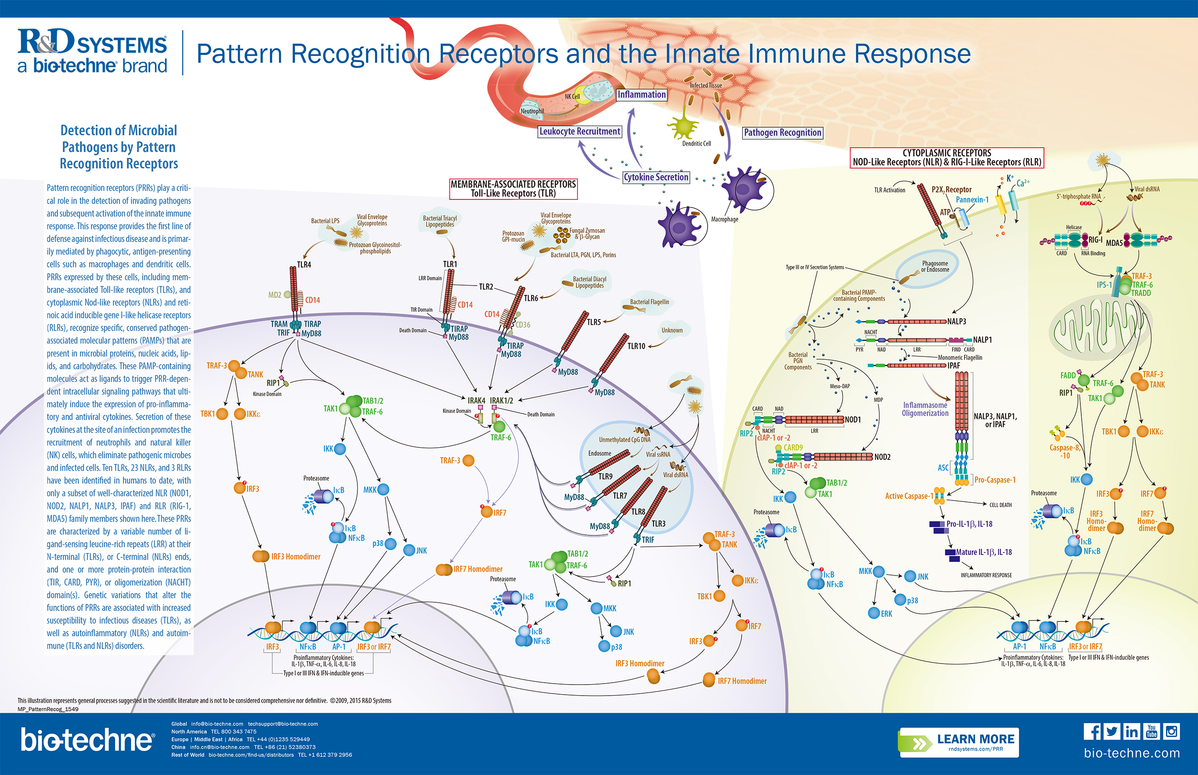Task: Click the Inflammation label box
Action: pos(642,95)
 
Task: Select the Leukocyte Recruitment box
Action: pos(580,132)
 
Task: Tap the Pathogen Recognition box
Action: pos(782,133)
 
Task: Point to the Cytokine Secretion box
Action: pos(655,177)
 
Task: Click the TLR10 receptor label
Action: pos(636,346)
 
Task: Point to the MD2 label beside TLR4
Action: pos(275,295)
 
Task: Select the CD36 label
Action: pos(523,325)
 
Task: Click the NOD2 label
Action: pos(883,457)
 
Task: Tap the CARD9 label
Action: pos(793,447)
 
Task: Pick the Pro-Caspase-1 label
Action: pos(995,480)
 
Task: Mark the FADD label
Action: pos(1068,376)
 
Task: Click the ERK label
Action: pos(887,614)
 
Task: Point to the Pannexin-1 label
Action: pos(972,200)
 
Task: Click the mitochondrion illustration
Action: pos(1100,327)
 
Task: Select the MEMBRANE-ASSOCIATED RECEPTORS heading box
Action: pos(513,188)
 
